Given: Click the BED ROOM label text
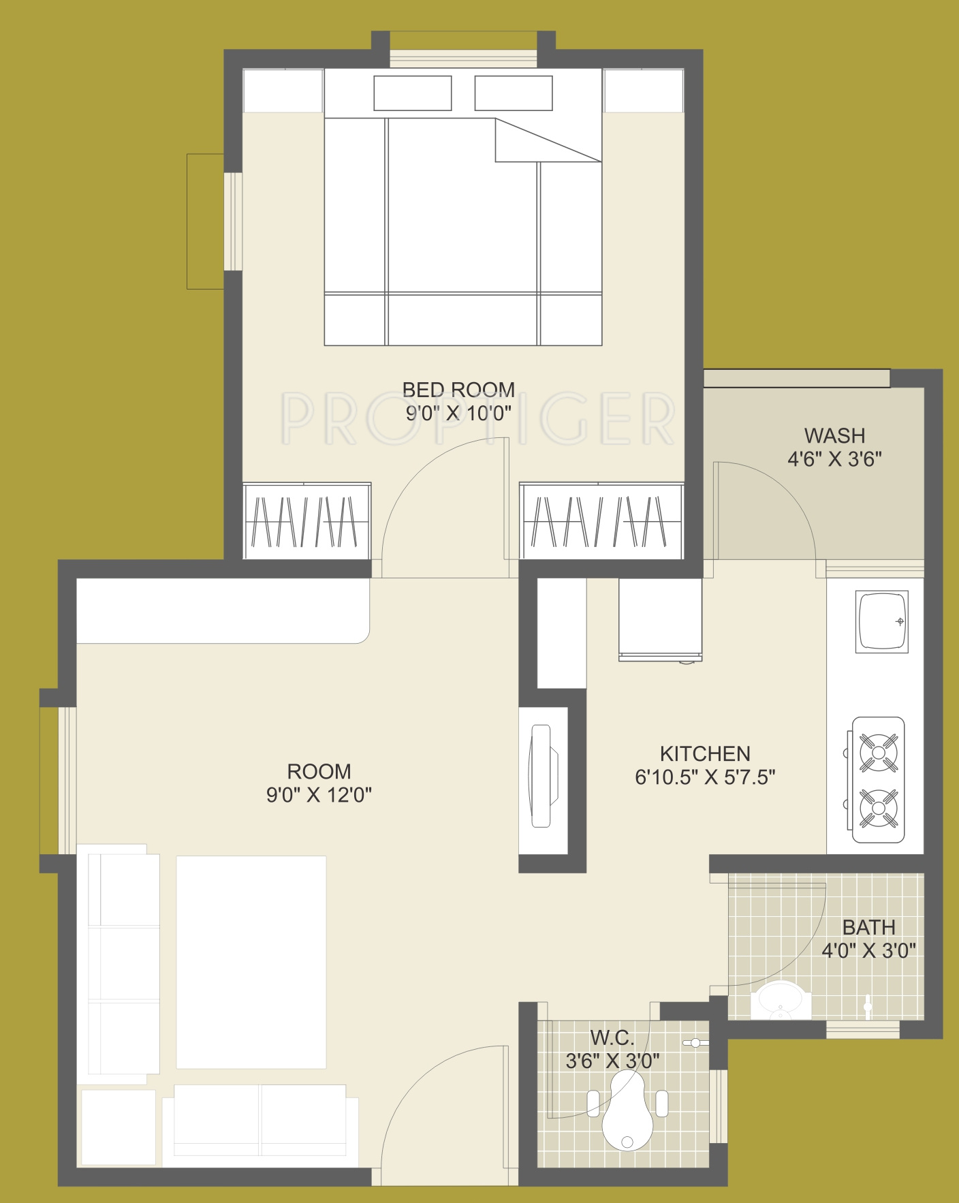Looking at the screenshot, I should (458, 390).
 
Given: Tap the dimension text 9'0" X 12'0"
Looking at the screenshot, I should (319, 795).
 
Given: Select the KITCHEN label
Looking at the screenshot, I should (705, 753).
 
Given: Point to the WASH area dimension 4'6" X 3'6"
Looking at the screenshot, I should (834, 459).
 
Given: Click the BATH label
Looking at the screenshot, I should (868, 927).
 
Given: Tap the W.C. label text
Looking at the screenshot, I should (612, 1037).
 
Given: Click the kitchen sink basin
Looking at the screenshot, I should (882, 621).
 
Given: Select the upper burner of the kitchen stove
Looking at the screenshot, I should (879, 753).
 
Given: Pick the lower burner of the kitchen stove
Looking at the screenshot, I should (879, 809).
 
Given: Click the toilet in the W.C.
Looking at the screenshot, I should (627, 1112).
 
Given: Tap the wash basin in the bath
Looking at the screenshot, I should (781, 1000).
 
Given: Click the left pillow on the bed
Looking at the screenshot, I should (413, 93).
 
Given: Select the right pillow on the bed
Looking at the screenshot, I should (514, 93).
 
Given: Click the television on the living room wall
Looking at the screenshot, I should (541, 776).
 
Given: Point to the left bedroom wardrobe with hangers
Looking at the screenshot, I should (306, 521).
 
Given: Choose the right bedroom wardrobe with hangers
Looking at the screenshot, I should (601, 521).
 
